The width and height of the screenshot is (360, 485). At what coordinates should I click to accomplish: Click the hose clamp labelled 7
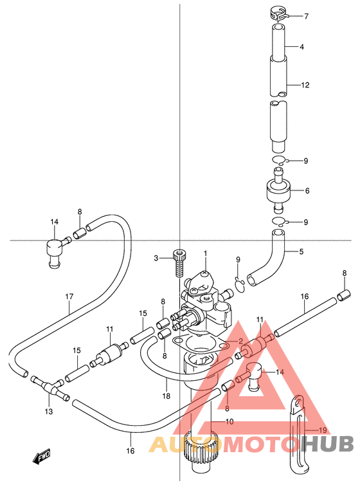pyautogui.click(x=278, y=15)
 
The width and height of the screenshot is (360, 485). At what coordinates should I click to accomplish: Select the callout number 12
pyautogui.click(x=305, y=85)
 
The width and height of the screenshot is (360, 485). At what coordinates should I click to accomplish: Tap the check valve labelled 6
pyautogui.click(x=278, y=190)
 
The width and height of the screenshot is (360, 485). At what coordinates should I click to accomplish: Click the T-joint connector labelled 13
pyautogui.click(x=49, y=387)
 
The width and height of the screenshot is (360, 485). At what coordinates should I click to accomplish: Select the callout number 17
pyautogui.click(x=69, y=297)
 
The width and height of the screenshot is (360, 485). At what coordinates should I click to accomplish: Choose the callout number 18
pyautogui.click(x=166, y=396)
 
